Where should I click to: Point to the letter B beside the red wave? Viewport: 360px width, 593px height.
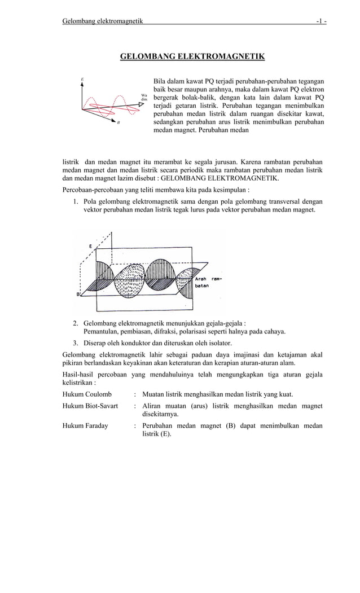[x=118, y=122]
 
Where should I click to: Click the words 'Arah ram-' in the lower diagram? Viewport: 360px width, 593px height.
[x=208, y=278]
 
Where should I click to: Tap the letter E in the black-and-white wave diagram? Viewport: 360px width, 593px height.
[x=91, y=246]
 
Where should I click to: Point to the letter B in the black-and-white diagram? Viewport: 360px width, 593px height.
[x=77, y=293]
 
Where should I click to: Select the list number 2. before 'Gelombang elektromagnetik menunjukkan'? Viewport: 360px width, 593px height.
[x=76, y=323]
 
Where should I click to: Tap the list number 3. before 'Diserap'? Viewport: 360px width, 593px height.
[x=76, y=343]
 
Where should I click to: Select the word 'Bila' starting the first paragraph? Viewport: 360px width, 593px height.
[x=161, y=81]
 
